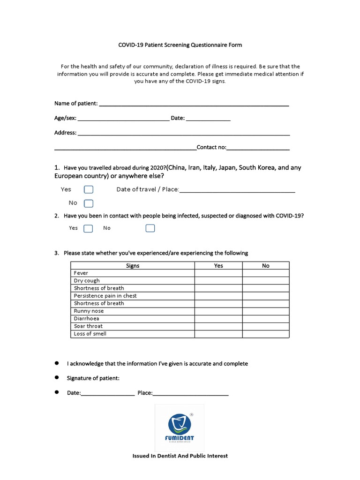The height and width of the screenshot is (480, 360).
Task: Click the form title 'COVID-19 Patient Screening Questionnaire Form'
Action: point(180,45)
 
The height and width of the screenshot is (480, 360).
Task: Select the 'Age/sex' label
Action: point(65,119)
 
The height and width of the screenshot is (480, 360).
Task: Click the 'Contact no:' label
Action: point(211,147)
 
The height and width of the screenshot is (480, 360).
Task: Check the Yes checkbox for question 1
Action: point(89,190)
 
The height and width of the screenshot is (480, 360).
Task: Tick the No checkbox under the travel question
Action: point(89,203)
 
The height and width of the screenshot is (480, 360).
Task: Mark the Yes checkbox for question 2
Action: point(88,228)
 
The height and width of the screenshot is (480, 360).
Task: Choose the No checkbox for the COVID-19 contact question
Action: point(150,228)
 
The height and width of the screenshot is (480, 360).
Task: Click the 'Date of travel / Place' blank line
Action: point(237,190)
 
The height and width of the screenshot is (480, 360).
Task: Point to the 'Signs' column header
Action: point(133,266)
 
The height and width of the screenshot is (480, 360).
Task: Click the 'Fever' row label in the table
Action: point(81,273)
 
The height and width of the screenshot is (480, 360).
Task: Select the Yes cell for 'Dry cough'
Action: point(218,281)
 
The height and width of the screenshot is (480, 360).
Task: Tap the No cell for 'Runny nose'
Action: point(266,311)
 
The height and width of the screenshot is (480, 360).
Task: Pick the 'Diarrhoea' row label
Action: point(86,319)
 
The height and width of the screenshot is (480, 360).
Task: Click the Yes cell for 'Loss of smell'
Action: point(218,334)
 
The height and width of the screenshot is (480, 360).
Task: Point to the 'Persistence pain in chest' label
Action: point(105,296)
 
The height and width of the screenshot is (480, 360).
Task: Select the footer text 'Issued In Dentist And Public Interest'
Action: point(180,456)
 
